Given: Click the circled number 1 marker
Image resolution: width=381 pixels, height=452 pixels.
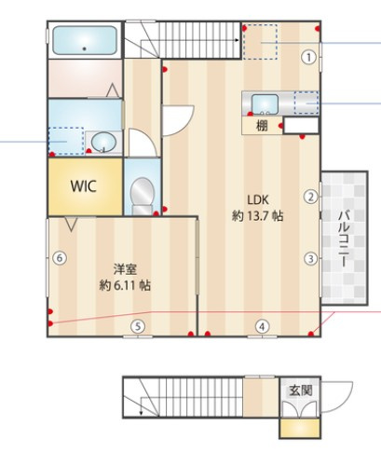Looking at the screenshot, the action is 308,57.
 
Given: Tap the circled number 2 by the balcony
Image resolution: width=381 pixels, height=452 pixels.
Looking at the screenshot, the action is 311,197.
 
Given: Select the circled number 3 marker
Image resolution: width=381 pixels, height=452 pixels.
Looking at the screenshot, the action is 311,258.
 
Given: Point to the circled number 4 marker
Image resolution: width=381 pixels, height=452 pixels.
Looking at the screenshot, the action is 263,326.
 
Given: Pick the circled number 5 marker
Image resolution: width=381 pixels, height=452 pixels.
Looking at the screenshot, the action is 138,326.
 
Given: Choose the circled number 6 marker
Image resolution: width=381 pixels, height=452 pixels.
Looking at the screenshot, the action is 60,258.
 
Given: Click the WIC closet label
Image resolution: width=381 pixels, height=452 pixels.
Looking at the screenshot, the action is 83,186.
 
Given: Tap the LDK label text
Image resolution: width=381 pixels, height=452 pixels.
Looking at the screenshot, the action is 258,199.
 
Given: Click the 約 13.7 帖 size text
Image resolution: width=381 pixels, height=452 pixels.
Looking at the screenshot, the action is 257,215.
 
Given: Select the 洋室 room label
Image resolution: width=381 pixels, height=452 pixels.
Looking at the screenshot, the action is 125,269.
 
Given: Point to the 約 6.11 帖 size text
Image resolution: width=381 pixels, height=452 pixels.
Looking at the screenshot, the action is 125,285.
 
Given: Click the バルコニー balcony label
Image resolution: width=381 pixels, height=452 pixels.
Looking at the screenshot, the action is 344,239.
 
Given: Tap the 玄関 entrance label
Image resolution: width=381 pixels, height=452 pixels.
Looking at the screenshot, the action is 301,390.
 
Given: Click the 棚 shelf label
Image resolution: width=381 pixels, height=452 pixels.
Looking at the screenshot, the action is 262,126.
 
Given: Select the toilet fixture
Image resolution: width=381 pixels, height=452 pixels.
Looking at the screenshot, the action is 143,196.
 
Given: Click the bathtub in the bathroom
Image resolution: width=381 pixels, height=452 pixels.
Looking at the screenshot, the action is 85,40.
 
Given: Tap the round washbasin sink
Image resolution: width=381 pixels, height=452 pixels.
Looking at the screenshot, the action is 103,142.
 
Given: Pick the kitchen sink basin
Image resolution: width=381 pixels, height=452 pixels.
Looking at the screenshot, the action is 265,104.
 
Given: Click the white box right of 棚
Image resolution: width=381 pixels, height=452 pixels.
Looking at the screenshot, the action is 301,126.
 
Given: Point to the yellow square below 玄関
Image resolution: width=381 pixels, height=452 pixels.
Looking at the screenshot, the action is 300,429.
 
